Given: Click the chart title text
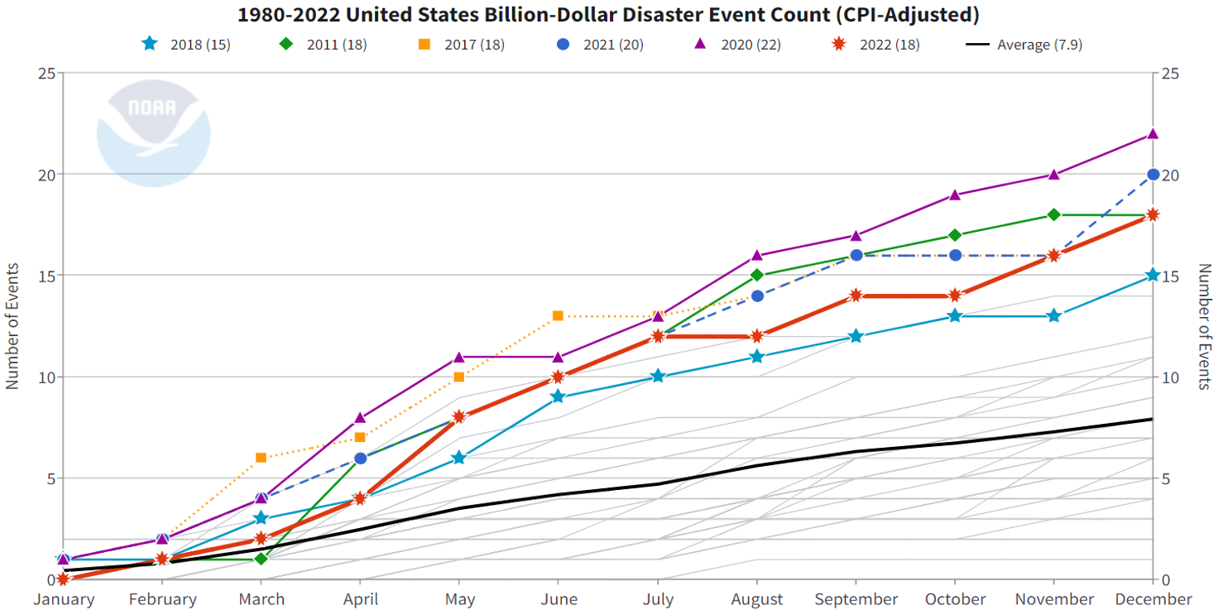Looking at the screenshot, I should [x=608, y=14].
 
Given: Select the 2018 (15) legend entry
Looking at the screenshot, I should [x=186, y=44].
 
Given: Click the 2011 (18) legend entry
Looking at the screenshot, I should [x=322, y=44].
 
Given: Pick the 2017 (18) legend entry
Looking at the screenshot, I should [x=461, y=44].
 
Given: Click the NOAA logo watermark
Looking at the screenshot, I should [x=153, y=132].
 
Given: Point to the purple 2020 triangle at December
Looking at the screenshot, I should [x=1153, y=134].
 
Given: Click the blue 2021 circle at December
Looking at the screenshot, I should [x=1153, y=175].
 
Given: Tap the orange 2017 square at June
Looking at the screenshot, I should [x=558, y=315].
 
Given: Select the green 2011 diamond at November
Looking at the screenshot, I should [x=1053, y=214].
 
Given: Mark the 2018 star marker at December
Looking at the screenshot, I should [x=1153, y=275].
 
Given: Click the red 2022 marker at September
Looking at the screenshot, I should [x=856, y=295].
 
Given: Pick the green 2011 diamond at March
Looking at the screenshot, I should [x=261, y=559].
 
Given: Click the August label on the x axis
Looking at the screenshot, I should [x=757, y=599].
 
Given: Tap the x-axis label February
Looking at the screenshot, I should [x=162, y=599].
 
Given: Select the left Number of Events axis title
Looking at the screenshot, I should [x=12, y=326].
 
